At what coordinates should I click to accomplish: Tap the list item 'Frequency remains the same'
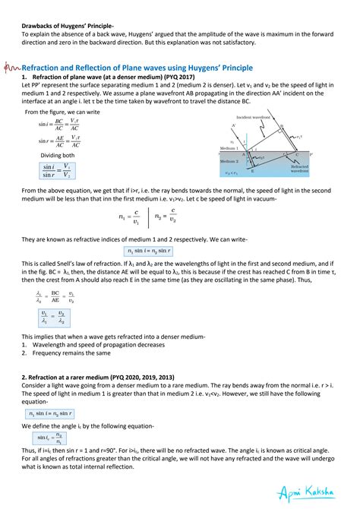click(62, 353)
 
